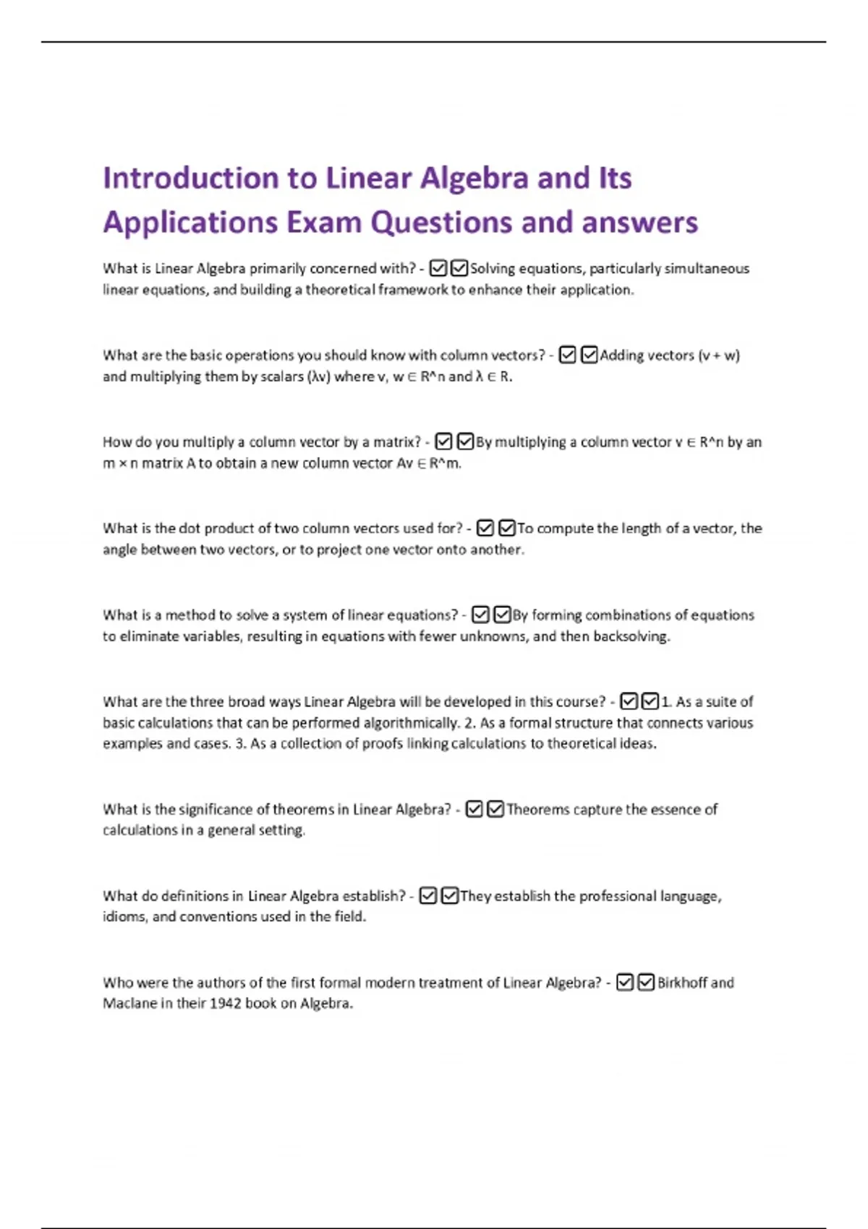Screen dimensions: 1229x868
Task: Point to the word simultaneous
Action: click(x=707, y=268)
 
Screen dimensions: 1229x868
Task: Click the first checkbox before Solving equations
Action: click(x=438, y=268)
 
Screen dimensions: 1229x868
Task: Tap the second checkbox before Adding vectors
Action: click(x=590, y=355)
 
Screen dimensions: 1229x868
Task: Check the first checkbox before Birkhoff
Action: click(x=625, y=982)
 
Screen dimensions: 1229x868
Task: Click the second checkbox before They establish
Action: click(x=449, y=896)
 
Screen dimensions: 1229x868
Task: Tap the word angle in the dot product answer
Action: click(x=119, y=549)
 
